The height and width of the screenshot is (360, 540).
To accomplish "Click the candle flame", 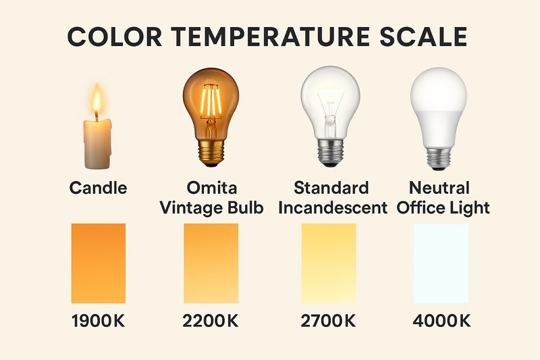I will (x=97, y=101).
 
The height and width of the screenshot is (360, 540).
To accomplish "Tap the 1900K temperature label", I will (x=98, y=322).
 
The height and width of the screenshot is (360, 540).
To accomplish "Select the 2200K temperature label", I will (x=211, y=322).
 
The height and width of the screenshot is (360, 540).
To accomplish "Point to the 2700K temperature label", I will (x=328, y=322).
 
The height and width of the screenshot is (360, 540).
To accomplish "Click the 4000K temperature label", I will (x=441, y=322).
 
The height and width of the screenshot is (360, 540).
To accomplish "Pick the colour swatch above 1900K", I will (x=99, y=263).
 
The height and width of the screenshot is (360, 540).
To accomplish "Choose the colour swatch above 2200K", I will (x=211, y=263).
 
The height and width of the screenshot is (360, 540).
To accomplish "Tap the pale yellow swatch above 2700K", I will (x=329, y=263).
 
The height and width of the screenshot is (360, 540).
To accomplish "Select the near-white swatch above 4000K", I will (x=441, y=263).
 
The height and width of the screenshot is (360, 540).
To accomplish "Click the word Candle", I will (x=99, y=188).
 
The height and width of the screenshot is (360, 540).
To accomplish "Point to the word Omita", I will (x=211, y=187).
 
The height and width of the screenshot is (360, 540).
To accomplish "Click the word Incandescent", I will (x=333, y=207).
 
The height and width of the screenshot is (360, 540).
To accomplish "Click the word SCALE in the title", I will (x=426, y=37).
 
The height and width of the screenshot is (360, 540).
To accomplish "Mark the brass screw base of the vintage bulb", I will (x=211, y=153).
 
